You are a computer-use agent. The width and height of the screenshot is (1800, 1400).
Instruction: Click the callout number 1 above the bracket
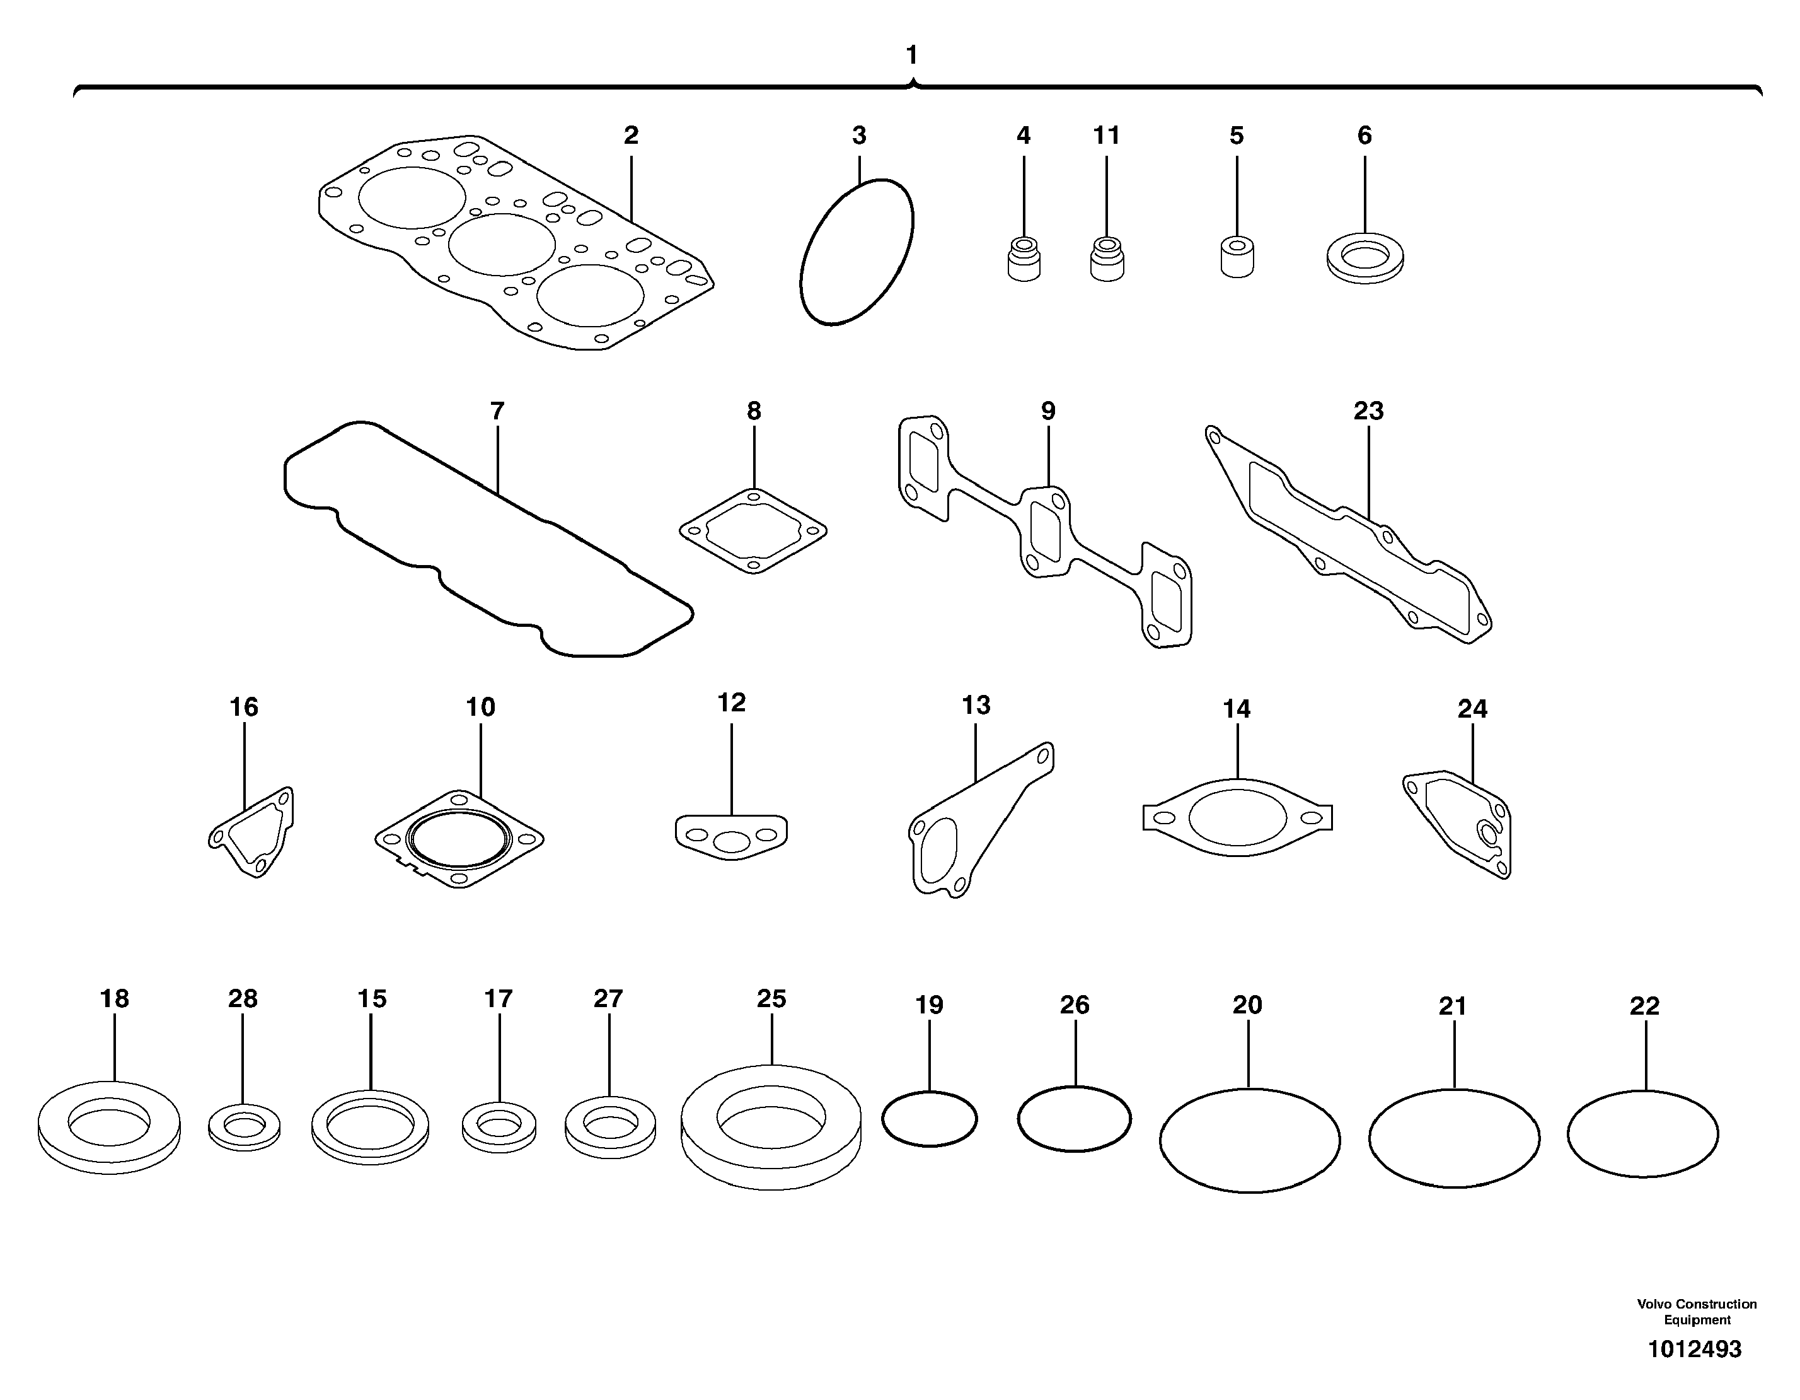(x=911, y=55)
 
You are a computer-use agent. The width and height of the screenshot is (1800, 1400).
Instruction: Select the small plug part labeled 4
(x=1024, y=260)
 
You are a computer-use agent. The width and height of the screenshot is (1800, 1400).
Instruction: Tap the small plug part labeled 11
(x=1107, y=260)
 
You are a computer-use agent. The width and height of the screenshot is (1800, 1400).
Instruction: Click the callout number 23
(x=1368, y=411)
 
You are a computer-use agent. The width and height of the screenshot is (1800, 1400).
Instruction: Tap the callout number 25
(x=771, y=998)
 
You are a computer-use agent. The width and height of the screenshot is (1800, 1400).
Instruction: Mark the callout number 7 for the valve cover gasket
(x=497, y=411)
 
